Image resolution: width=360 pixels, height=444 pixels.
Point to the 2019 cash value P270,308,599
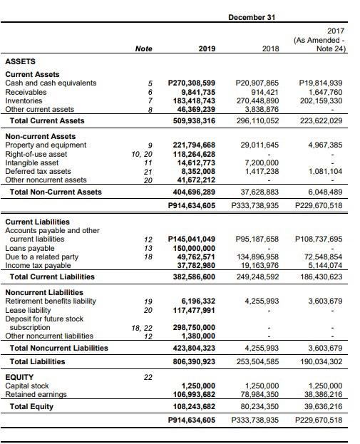coord(191,83)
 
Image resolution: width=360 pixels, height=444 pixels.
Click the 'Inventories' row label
coord(24,101)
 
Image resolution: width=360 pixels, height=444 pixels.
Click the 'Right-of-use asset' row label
coord(36,154)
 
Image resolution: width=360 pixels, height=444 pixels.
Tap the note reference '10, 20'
coord(142,154)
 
